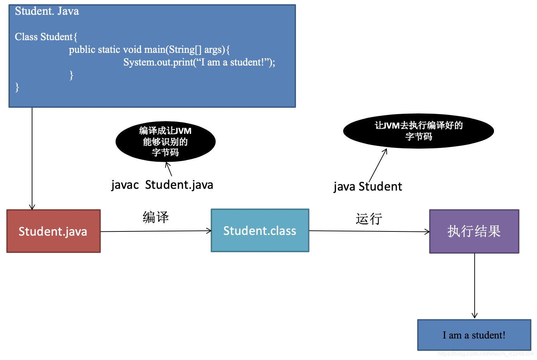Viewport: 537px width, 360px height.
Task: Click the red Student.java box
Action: (54, 231)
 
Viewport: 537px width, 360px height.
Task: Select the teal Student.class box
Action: (260, 230)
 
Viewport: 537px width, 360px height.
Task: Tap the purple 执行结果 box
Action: (474, 231)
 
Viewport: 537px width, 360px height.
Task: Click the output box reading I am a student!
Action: (474, 335)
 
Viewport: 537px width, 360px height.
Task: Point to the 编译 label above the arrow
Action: (156, 217)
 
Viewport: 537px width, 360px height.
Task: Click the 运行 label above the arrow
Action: (369, 219)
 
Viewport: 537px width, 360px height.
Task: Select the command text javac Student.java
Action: (162, 185)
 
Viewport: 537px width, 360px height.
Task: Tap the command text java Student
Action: (368, 186)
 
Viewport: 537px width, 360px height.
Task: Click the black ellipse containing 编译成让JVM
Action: (165, 142)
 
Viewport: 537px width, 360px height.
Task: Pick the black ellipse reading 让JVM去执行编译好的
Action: (418, 131)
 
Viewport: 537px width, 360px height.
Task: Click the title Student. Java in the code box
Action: (47, 11)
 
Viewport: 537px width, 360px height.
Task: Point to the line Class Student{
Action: (46, 37)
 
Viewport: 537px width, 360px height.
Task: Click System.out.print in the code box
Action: (159, 62)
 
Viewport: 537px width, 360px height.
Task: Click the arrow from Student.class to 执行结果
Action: (369, 231)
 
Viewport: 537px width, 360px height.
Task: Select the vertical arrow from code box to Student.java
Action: (32, 159)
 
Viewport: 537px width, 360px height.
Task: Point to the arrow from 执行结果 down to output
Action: (475, 285)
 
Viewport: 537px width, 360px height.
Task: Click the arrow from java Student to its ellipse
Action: (378, 165)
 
